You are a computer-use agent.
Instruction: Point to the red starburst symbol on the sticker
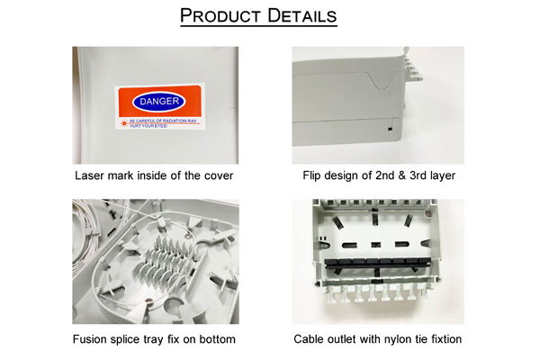coord(124,119)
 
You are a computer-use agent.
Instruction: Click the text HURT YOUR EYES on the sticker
coord(149,125)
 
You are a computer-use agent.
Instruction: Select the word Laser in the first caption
coord(91,175)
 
